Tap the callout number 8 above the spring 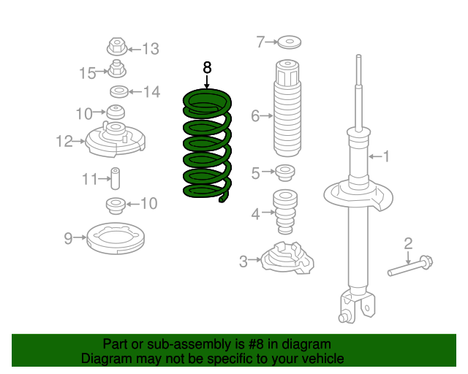tap(207, 68)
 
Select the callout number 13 tap(151, 49)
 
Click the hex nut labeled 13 tap(117, 47)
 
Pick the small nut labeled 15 tap(117, 69)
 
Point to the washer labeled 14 tap(119, 91)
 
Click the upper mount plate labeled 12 tap(116, 140)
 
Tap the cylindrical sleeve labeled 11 tap(116, 179)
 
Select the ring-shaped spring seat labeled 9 tap(116, 238)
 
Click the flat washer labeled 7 tap(290, 42)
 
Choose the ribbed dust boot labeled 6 tap(287, 108)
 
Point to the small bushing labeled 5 tap(285, 172)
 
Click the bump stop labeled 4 tap(285, 212)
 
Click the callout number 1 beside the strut tap(386, 156)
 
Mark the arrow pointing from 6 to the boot tap(267, 115)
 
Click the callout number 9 tap(68, 238)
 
